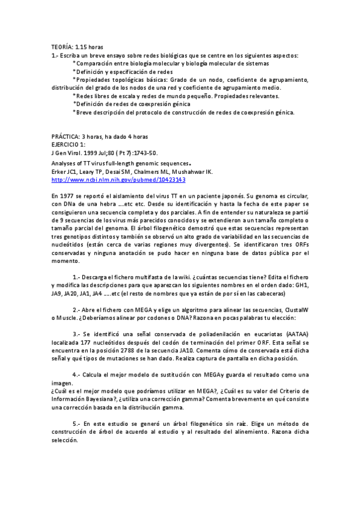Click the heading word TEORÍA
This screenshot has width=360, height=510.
point(61,47)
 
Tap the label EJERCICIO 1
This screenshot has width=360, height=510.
point(69,145)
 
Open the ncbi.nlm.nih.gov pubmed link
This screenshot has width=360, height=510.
point(118,179)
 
